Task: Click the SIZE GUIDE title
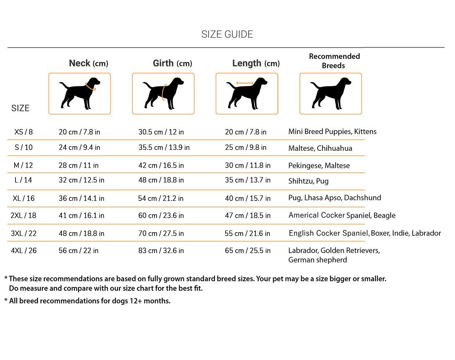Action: (x=227, y=34)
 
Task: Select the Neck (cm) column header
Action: (x=88, y=63)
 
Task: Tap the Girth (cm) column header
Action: (x=172, y=63)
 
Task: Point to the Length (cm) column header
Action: (x=256, y=63)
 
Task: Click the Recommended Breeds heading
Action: (x=334, y=61)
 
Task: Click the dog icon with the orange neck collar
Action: (x=80, y=94)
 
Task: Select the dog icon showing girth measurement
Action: (x=163, y=94)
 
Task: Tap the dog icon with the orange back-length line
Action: (x=247, y=94)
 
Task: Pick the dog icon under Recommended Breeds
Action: (x=330, y=94)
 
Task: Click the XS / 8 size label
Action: (x=23, y=132)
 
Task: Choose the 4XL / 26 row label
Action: (x=23, y=251)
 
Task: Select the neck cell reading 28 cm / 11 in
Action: (x=79, y=165)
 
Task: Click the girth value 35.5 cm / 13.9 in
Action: (x=164, y=147)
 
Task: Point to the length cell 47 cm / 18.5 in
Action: (x=248, y=215)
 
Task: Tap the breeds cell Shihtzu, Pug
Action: (x=308, y=181)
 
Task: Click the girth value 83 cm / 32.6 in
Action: (x=161, y=251)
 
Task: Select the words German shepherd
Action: (x=318, y=260)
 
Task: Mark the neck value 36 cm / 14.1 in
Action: (x=81, y=198)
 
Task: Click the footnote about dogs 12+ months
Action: (x=87, y=301)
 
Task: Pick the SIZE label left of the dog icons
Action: (x=20, y=108)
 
